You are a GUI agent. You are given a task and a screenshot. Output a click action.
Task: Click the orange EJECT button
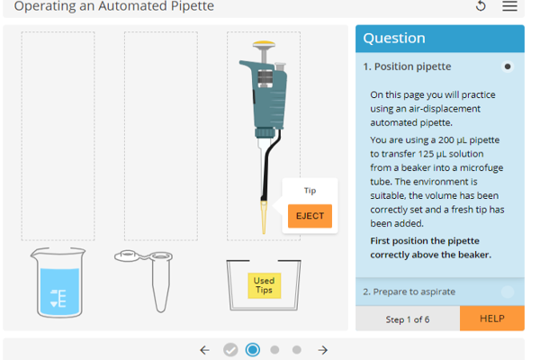tap(310, 216)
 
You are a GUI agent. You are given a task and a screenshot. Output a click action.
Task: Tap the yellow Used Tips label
tap(264, 285)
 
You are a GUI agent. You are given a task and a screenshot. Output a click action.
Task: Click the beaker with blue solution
tap(59, 283)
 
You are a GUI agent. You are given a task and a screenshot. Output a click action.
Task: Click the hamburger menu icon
tap(509, 7)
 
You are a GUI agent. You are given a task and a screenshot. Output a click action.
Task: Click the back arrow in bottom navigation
tap(204, 350)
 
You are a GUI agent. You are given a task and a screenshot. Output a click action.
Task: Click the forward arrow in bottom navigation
tap(322, 350)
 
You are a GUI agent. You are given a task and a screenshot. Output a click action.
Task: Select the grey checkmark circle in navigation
tap(230, 350)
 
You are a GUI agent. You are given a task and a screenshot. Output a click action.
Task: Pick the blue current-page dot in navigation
tap(253, 350)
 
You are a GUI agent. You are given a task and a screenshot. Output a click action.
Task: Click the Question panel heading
tap(394, 38)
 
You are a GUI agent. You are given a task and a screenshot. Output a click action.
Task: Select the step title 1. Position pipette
tap(407, 67)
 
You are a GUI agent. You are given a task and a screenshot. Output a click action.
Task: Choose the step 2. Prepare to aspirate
tap(409, 292)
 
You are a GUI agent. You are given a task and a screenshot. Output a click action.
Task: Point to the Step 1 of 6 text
tap(408, 319)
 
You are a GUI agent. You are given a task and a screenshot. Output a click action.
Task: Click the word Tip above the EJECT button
tap(310, 191)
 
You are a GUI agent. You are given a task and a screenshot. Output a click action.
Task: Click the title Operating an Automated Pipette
tap(114, 6)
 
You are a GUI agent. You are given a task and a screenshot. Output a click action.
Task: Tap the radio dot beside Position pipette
tap(508, 67)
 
